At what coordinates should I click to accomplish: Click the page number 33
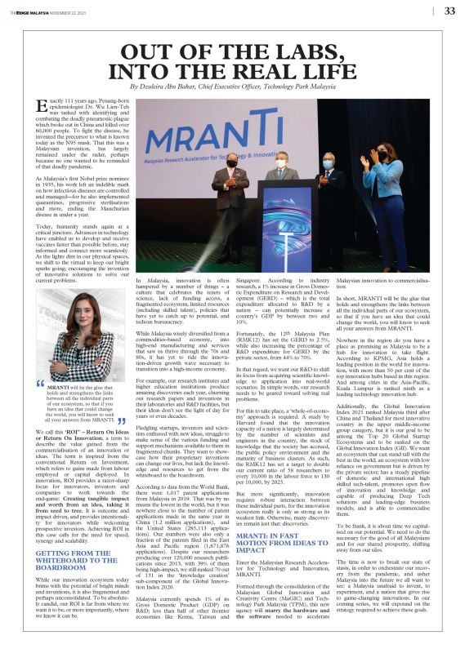pyautogui.click(x=449, y=11)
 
